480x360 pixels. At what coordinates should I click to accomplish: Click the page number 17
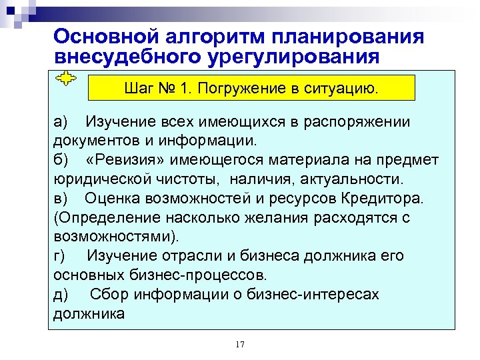(240, 344)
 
